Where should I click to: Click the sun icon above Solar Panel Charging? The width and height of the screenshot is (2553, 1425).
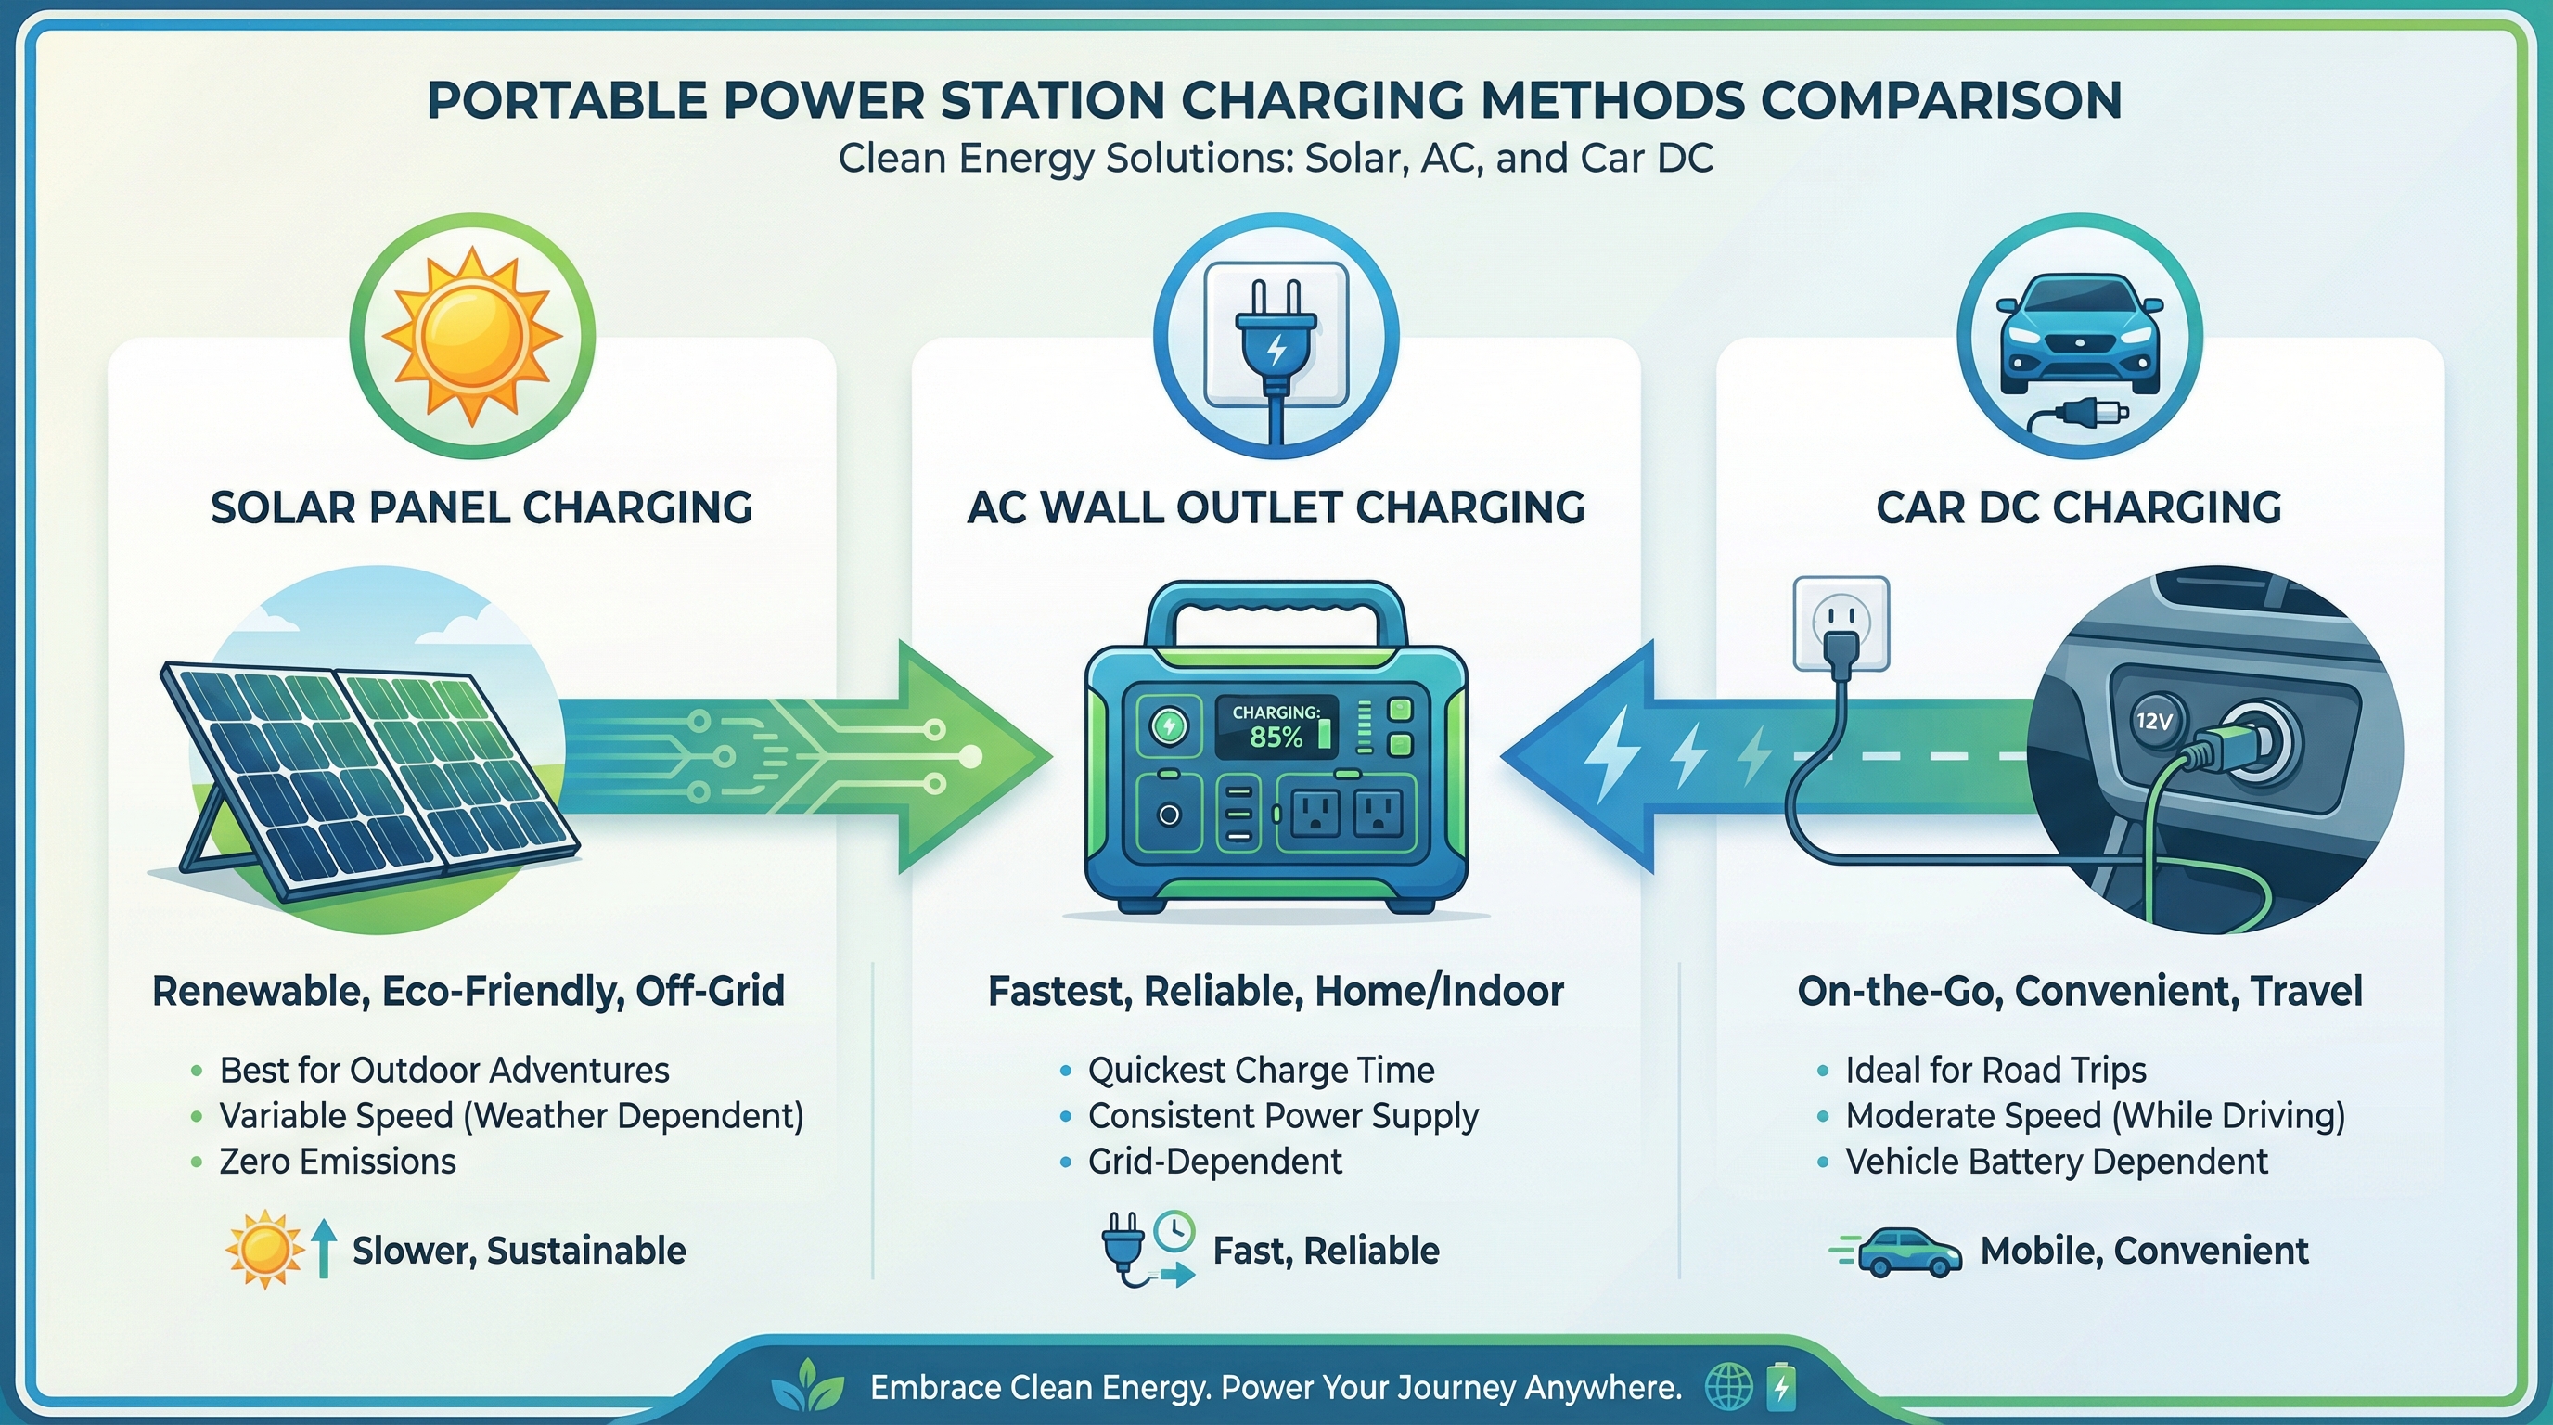click(472, 335)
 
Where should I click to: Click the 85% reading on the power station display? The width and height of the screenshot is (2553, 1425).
click(1276, 737)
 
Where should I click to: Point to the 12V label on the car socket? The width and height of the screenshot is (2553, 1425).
click(2152, 722)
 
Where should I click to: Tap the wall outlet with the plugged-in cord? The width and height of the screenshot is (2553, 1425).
click(1841, 623)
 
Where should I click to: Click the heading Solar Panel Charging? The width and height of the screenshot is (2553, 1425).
click(481, 507)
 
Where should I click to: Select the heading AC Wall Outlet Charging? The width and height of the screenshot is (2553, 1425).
click(1276, 507)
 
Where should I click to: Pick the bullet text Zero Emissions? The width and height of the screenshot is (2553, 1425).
click(337, 1162)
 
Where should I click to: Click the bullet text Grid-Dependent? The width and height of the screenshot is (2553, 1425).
click(1215, 1162)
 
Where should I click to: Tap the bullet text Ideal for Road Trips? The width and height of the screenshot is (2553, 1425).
click(1995, 1071)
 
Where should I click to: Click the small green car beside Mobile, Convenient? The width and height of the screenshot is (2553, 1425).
click(1908, 1252)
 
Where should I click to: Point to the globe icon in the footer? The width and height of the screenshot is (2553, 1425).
click(1728, 1387)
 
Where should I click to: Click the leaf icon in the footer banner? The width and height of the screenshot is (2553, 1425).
click(808, 1385)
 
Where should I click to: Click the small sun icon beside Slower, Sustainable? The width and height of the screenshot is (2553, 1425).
click(263, 1250)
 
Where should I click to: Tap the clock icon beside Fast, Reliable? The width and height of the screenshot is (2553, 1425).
click(1174, 1231)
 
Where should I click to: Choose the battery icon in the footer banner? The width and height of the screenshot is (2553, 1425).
click(1781, 1387)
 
